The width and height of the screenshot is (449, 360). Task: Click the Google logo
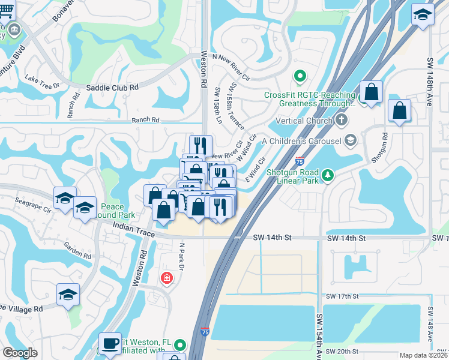click(20, 353)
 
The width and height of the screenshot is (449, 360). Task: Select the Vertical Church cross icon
click(342, 120)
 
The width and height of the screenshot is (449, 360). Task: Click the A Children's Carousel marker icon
click(351, 140)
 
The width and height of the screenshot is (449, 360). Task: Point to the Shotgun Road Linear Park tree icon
click(327, 175)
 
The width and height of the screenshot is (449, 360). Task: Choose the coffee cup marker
click(110, 343)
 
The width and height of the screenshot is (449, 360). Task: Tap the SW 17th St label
click(342, 296)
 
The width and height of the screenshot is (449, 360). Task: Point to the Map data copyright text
click(424, 355)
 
